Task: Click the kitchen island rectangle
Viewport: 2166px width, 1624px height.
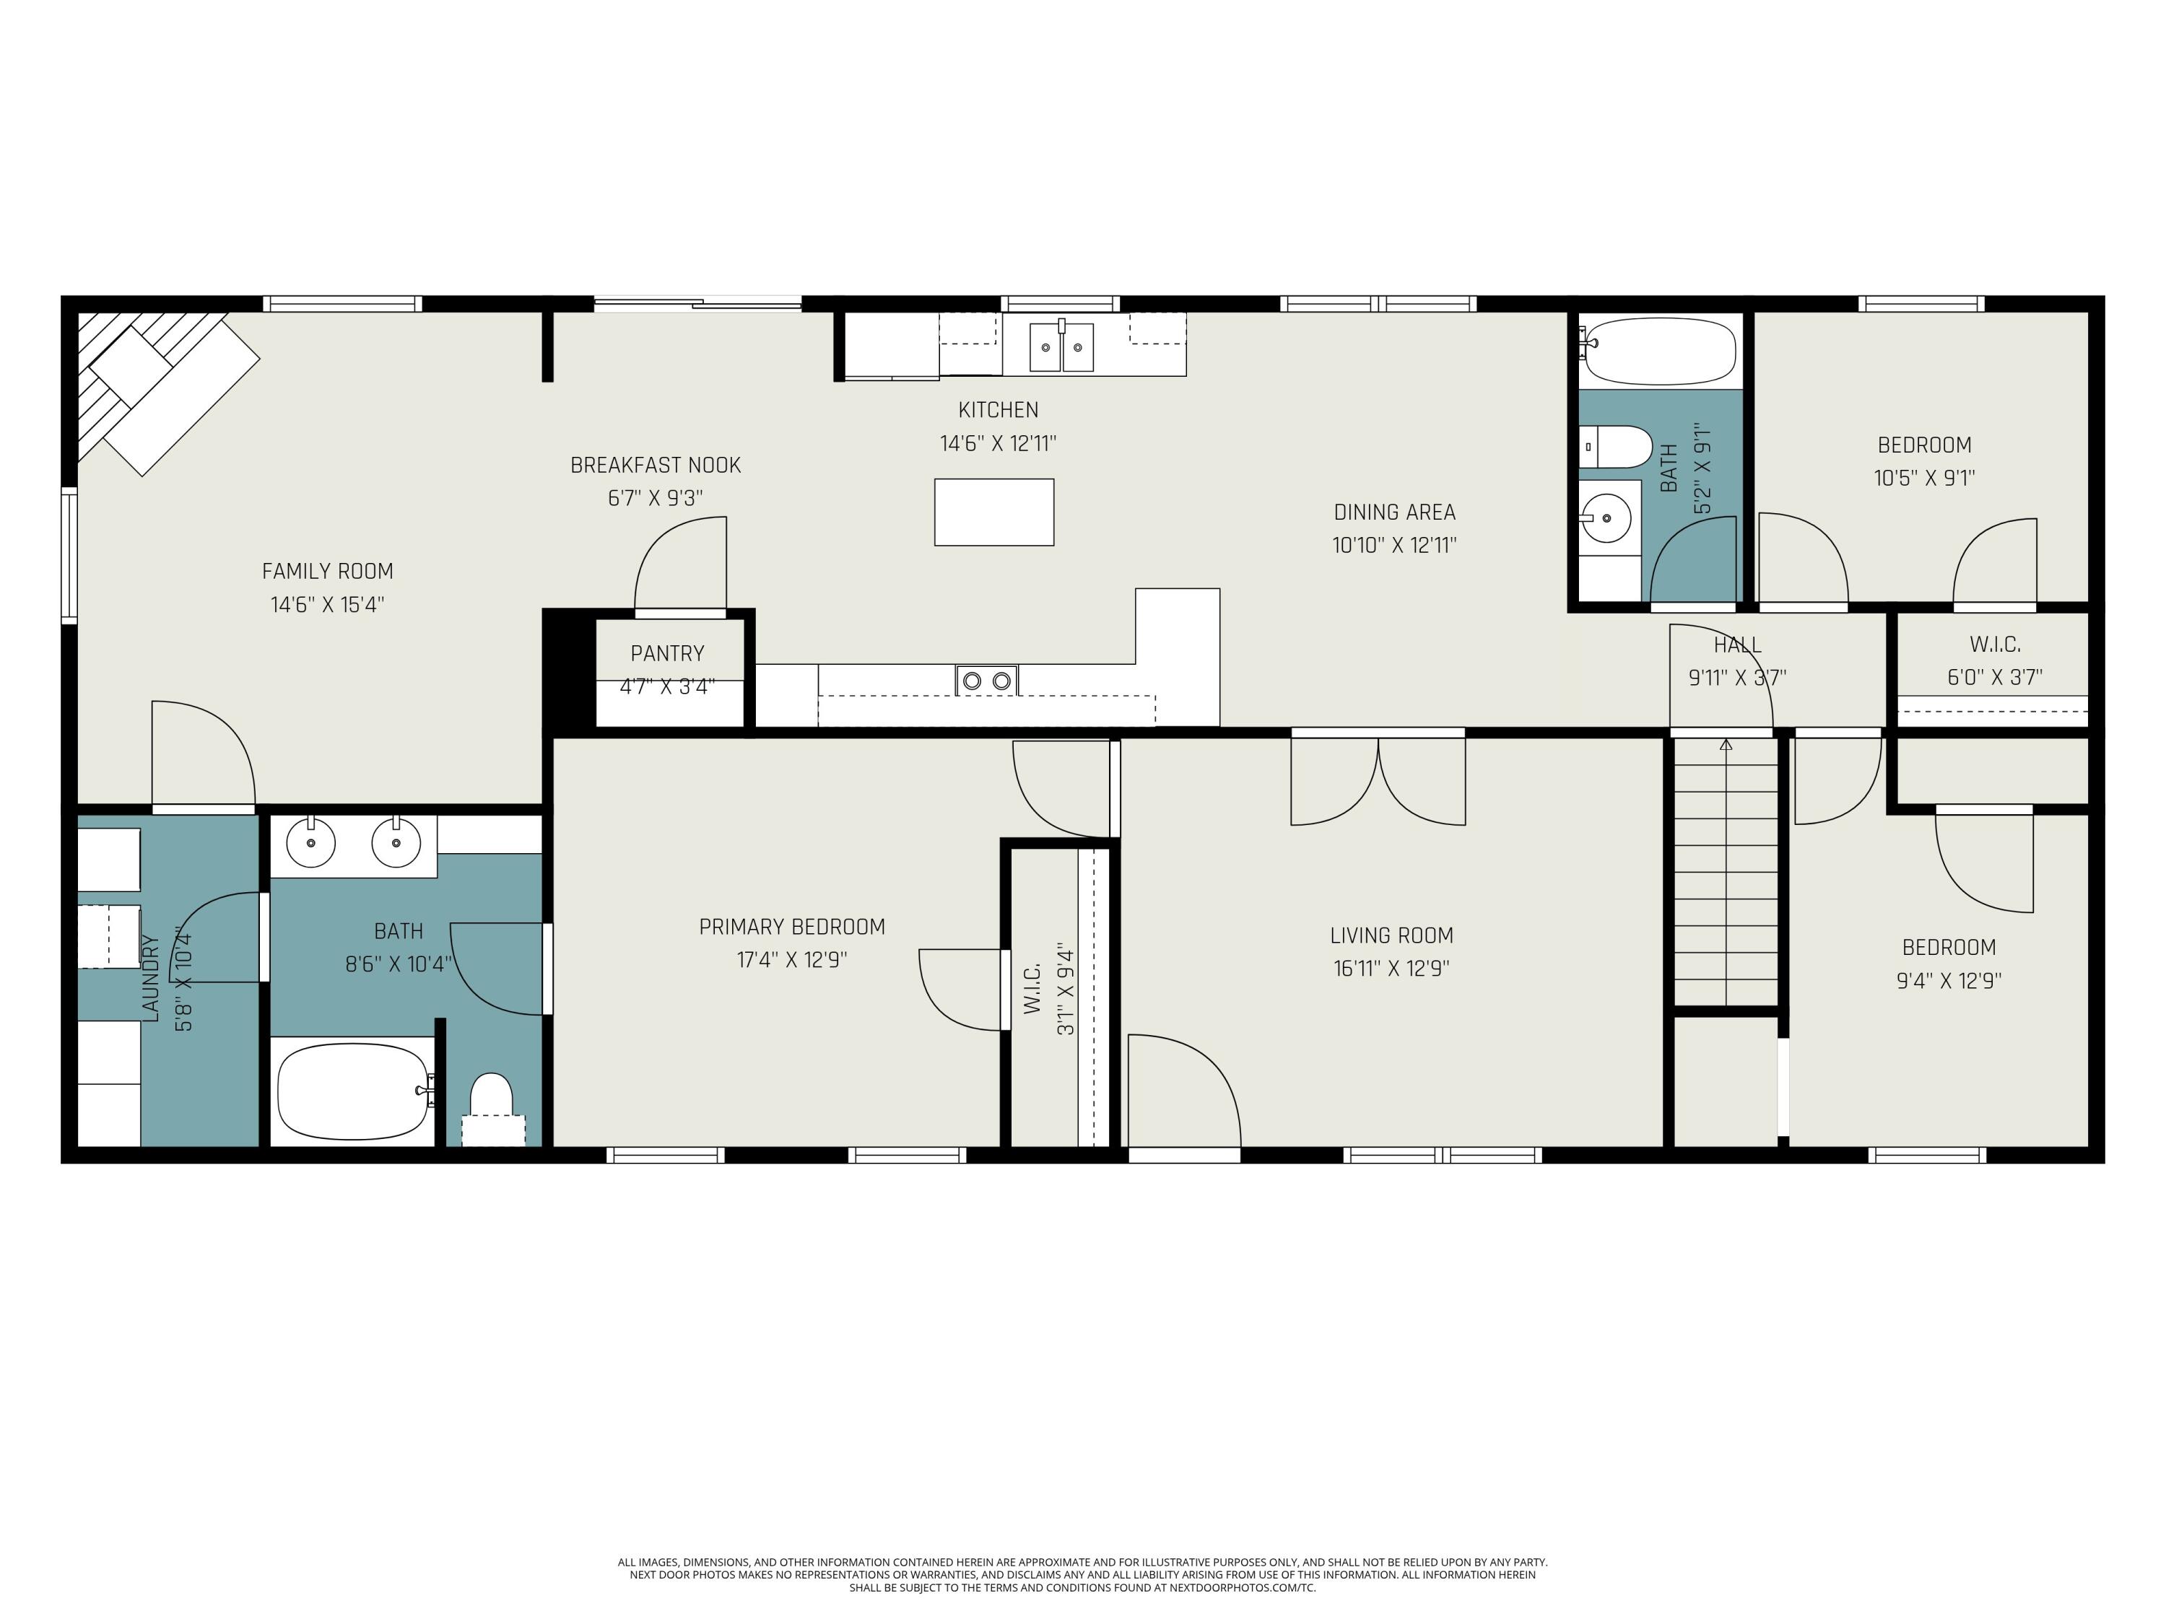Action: click(994, 512)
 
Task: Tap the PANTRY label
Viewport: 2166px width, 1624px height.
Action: click(667, 653)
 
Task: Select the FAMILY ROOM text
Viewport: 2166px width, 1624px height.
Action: click(327, 571)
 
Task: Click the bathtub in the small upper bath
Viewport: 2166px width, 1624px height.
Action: click(1658, 351)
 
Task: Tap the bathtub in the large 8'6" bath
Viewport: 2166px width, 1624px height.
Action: click(354, 1091)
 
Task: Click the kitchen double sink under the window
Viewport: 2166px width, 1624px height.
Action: click(1061, 346)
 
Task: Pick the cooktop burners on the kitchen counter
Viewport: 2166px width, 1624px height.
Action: click(987, 681)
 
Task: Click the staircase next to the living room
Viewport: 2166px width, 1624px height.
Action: click(1726, 871)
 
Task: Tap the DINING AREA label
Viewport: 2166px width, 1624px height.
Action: click(1394, 512)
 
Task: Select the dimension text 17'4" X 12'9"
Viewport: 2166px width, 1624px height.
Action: click(791, 959)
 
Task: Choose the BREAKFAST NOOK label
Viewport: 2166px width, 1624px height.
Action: click(655, 465)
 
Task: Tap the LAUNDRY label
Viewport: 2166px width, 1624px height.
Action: click(150, 978)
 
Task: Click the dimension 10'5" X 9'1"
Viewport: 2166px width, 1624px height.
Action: click(1924, 478)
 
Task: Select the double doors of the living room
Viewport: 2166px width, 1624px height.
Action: click(1378, 780)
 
